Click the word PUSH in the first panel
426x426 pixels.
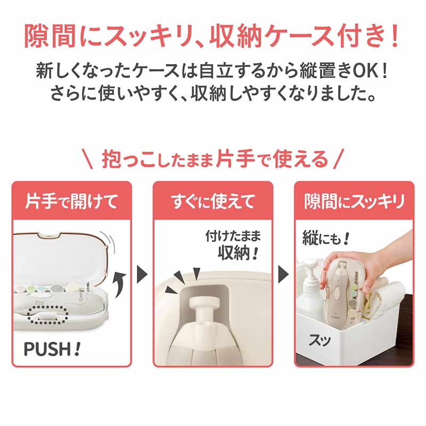point(48,349)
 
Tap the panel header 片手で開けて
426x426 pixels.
point(72,201)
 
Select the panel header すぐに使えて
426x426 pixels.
point(212,201)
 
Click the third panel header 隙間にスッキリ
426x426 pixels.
point(354,201)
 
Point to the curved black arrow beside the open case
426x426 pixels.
point(120,285)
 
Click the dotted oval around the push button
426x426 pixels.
point(47,315)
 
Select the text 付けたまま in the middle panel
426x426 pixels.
point(233,236)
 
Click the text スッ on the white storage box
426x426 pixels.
point(319,340)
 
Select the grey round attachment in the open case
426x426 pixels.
point(57,289)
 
